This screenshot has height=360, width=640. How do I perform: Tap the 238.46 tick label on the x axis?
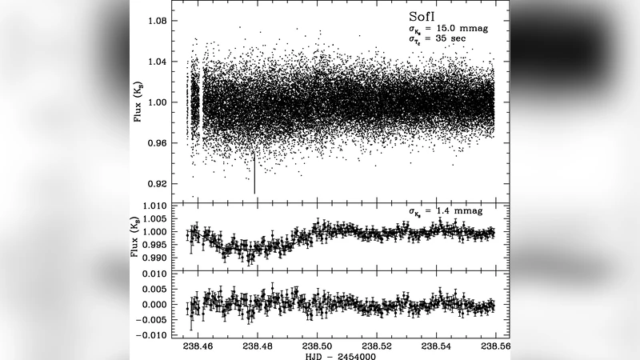(198, 346)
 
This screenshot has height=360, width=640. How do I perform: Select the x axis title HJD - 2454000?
(329, 356)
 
